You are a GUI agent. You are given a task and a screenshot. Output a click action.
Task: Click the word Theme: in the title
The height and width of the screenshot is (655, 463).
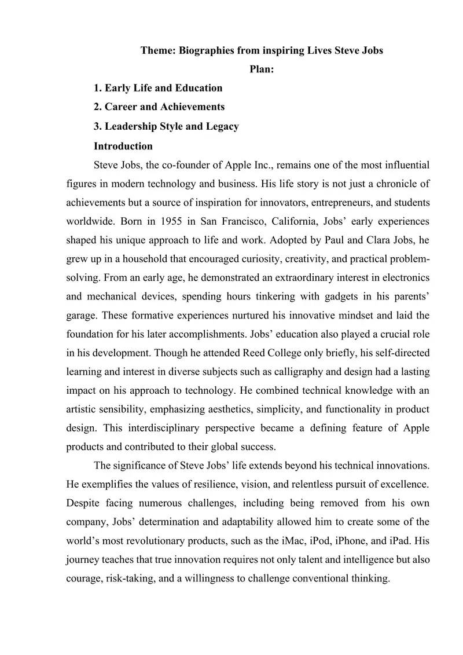[159, 50]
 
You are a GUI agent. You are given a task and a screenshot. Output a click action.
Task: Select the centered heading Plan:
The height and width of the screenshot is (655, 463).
[262, 69]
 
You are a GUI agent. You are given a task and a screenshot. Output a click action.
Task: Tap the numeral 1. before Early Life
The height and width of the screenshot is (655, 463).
[98, 88]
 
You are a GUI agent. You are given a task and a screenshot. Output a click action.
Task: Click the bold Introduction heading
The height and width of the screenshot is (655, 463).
[123, 146]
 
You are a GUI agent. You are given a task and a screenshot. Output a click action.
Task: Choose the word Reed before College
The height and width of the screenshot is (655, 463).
[258, 353]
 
